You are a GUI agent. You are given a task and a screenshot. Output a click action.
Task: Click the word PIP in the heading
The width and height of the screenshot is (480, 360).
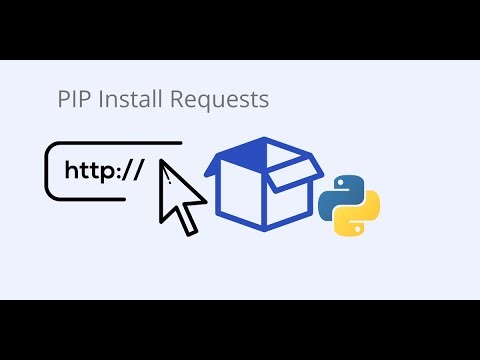[72, 100]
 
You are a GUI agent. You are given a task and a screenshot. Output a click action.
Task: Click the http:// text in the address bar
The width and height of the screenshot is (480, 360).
[102, 170]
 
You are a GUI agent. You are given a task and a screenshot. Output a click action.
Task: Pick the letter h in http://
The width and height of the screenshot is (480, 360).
[71, 169]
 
